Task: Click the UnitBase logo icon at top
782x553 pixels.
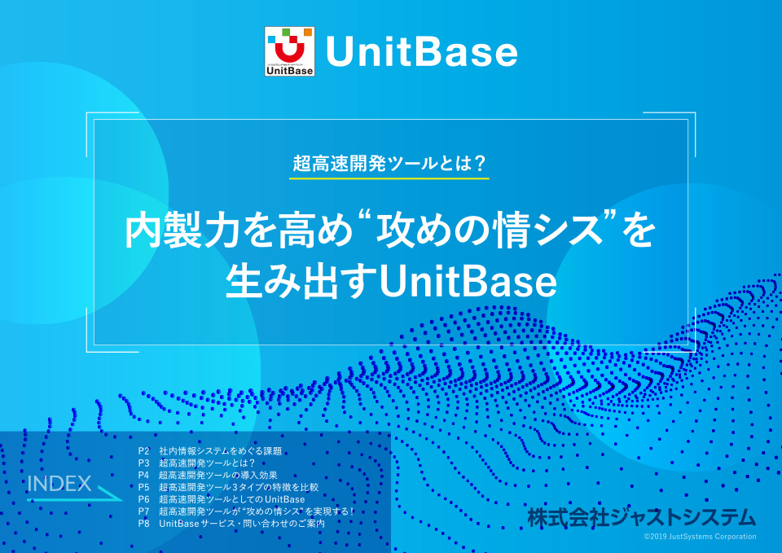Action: coord(289,52)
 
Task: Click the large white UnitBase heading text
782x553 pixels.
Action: coord(422,53)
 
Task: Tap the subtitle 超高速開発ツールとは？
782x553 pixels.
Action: coord(390,162)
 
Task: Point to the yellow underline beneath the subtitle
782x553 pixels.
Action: coord(390,178)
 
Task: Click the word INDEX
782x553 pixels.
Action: coord(59,483)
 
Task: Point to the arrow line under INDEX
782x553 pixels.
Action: coord(73,498)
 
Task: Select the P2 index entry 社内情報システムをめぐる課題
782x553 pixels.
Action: coord(220,450)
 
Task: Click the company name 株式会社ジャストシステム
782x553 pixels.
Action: coord(641,517)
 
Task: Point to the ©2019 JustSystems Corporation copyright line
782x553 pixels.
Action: coord(700,537)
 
